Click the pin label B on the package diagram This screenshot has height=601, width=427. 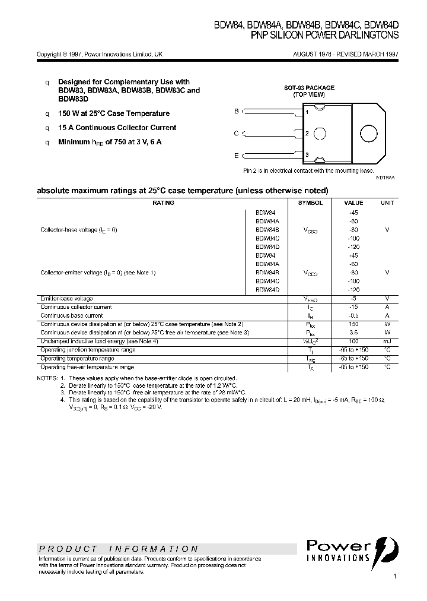pyautogui.click(x=236, y=111)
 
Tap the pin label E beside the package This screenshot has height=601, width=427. pyautogui.click(x=236, y=156)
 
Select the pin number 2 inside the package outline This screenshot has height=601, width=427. pyautogui.click(x=307, y=134)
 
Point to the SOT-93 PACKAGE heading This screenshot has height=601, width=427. pyautogui.click(x=308, y=88)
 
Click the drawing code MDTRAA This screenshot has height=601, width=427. pyautogui.click(x=385, y=178)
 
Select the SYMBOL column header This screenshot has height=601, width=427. pyautogui.click(x=310, y=203)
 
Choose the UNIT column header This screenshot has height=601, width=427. pyautogui.click(x=387, y=203)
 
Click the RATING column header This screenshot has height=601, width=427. pyautogui.click(x=163, y=203)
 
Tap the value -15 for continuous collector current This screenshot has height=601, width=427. pyautogui.click(x=353, y=307)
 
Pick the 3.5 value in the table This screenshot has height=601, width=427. pyautogui.click(x=353, y=333)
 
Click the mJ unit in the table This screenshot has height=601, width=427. pyautogui.click(x=387, y=341)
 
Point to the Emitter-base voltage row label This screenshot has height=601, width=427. pyautogui.click(x=66, y=298)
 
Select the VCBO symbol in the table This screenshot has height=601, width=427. pyautogui.click(x=310, y=230)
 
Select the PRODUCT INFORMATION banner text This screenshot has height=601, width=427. pyautogui.click(x=119, y=549)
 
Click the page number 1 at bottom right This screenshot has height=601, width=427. pyautogui.click(x=395, y=577)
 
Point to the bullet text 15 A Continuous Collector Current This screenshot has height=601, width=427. pyautogui.click(x=117, y=128)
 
